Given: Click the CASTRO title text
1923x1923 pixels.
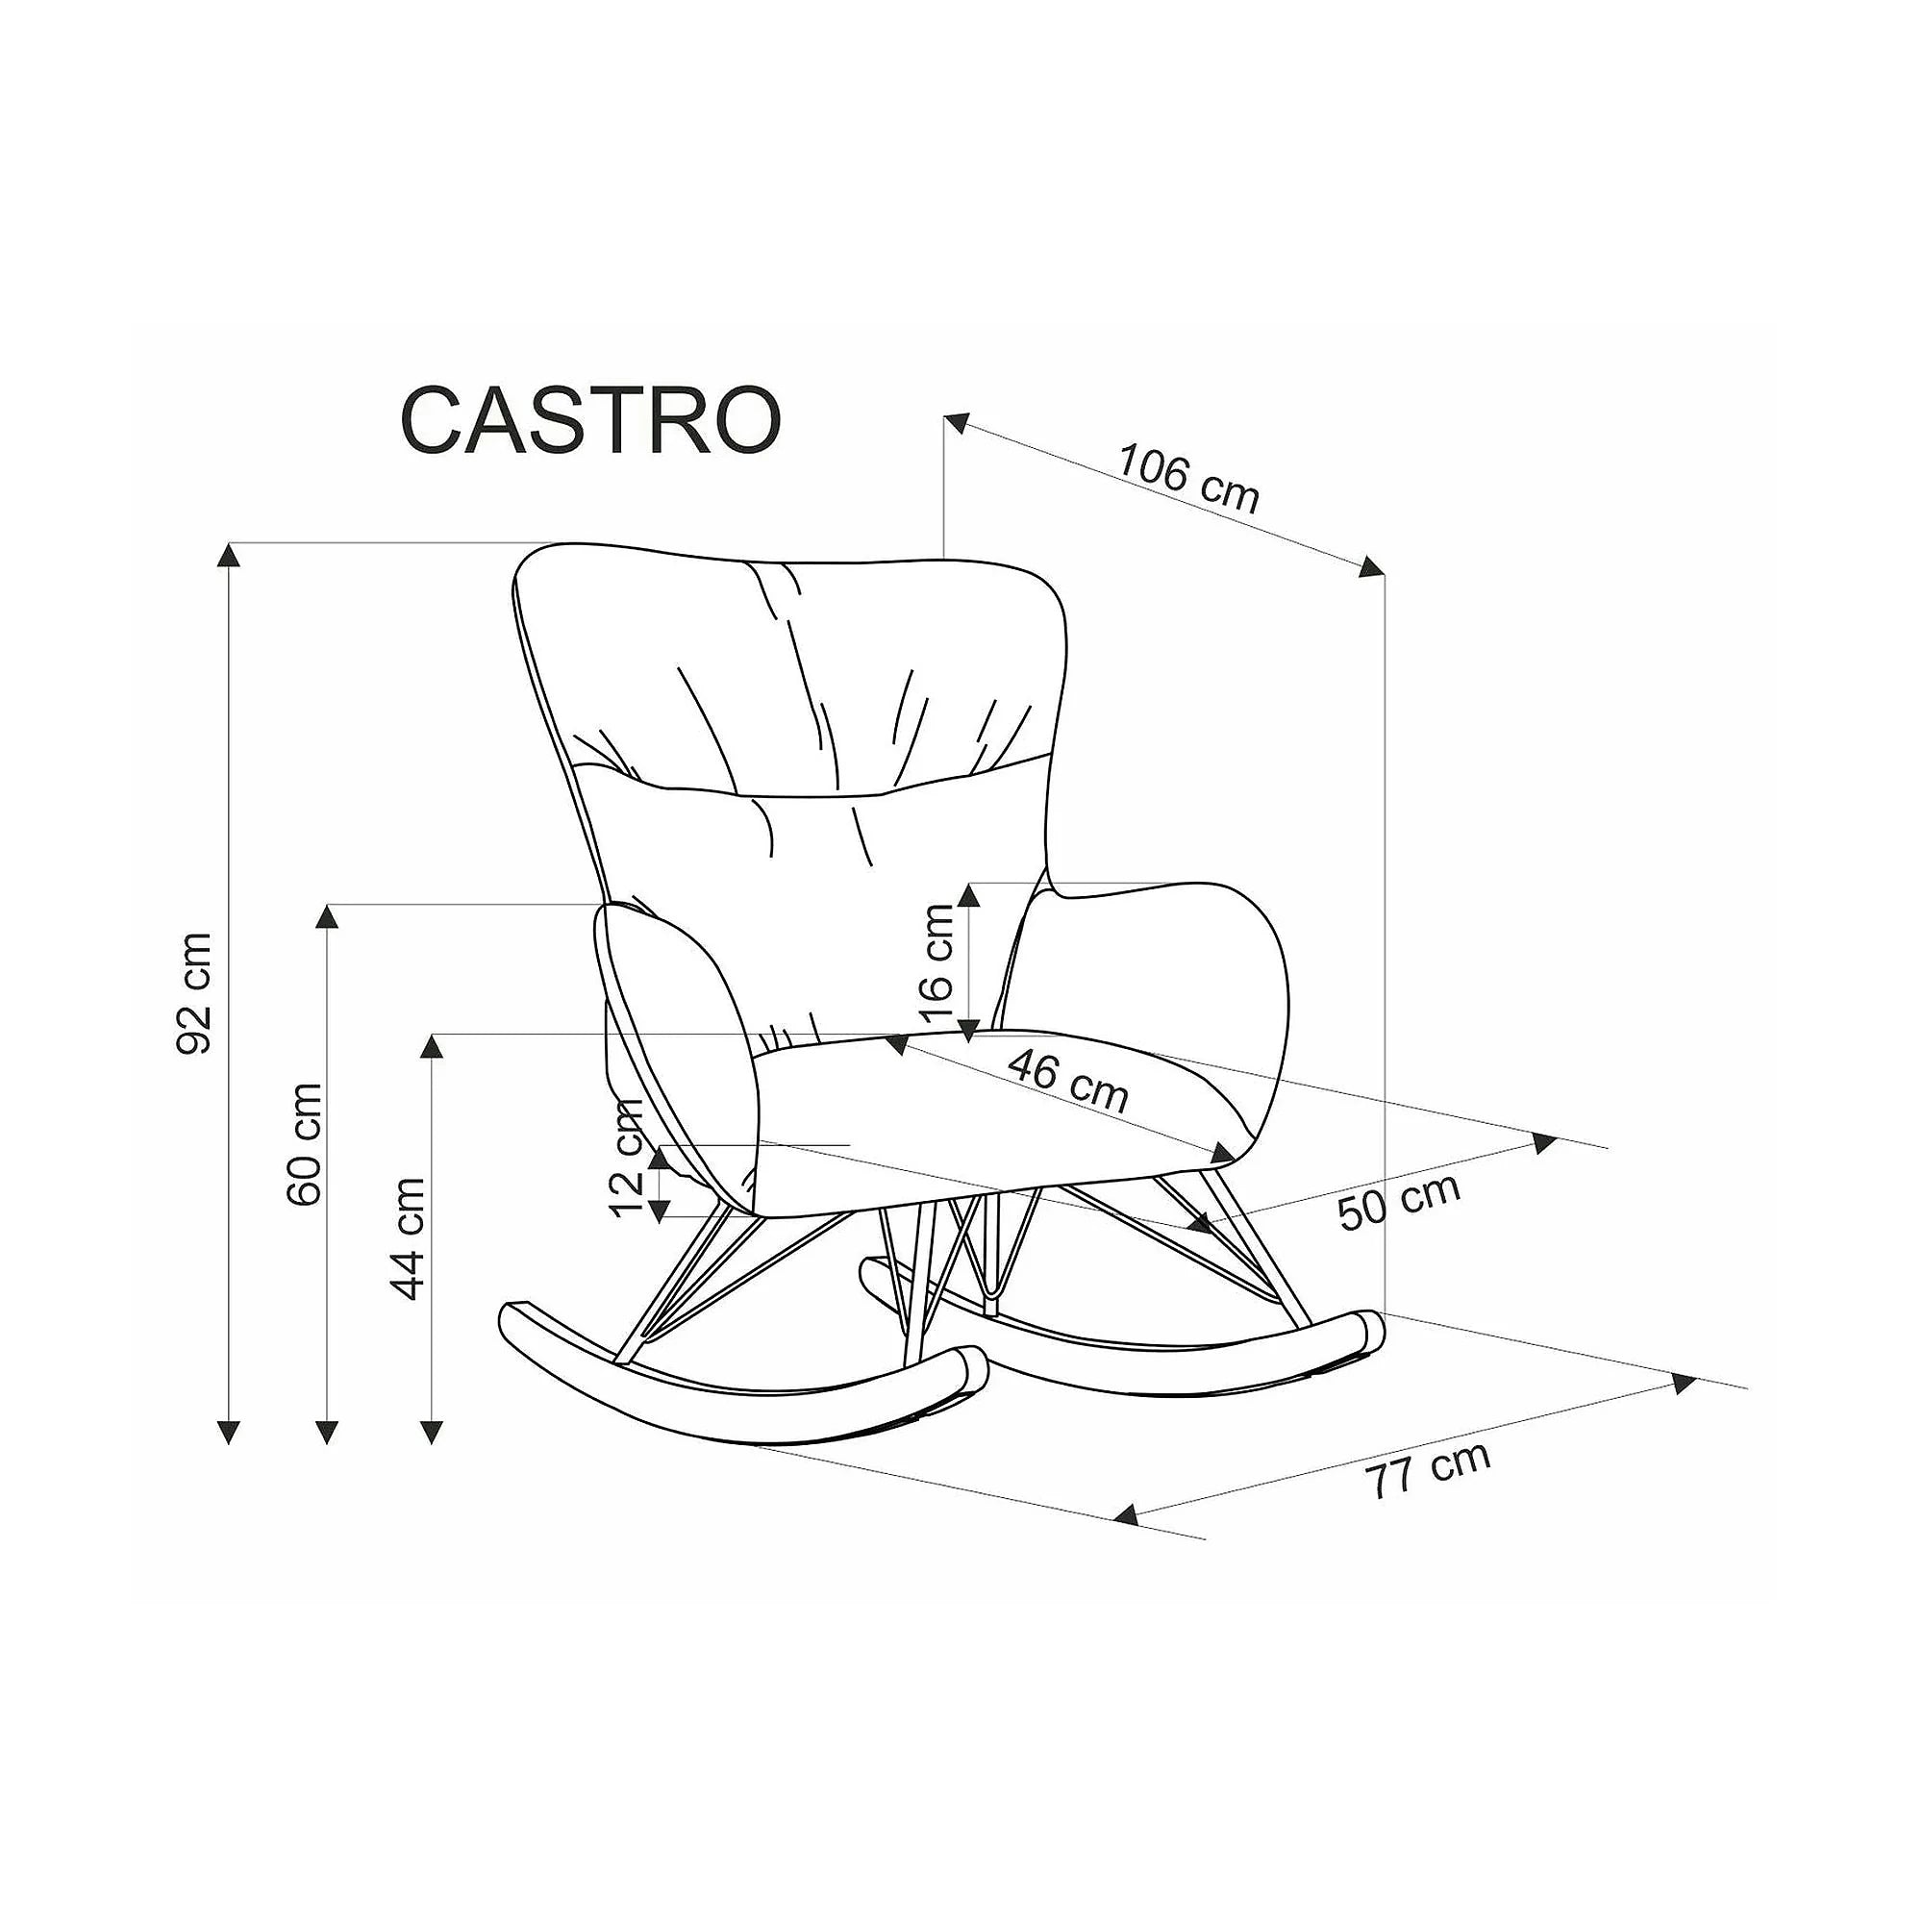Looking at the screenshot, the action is click(x=590, y=420).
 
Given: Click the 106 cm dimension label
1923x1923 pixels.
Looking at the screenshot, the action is click(x=1188, y=479).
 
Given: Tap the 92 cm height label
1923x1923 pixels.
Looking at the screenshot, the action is click(x=194, y=993).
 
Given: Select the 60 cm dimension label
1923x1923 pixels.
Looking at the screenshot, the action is click(x=304, y=1143).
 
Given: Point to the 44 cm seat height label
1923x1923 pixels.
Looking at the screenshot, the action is click(x=408, y=1239).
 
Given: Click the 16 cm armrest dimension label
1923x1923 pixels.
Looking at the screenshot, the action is click(x=937, y=963).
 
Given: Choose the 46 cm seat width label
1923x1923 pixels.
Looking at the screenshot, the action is click(x=1068, y=1081).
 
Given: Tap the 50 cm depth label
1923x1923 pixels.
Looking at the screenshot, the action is click(x=1399, y=1201).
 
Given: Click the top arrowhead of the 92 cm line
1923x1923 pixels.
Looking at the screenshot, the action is click(x=230, y=555).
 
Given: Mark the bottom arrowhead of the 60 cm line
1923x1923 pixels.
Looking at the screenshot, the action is click(x=327, y=1432).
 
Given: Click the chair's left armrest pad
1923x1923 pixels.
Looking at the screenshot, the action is click(x=677, y=1055).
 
